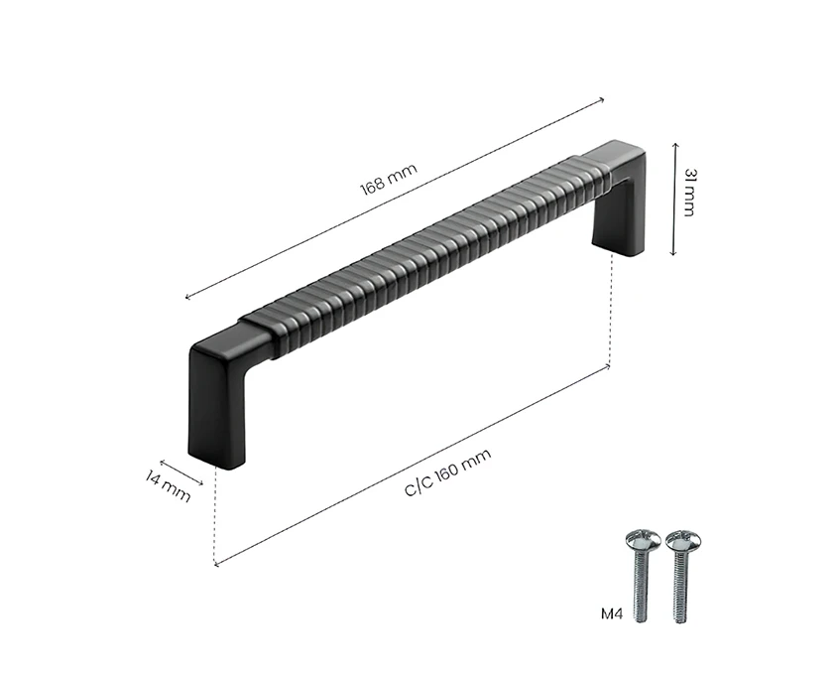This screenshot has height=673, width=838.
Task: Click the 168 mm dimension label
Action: point(389,180)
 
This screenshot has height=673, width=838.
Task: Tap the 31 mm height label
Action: point(689,193)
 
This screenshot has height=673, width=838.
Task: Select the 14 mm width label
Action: point(168,485)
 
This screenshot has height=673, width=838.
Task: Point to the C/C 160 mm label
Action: point(448,472)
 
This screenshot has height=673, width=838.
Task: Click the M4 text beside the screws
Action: point(612,613)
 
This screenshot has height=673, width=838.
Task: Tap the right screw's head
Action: point(683,542)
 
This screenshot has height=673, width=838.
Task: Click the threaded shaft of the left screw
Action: point(641,587)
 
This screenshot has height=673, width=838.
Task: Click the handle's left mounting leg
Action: point(216,407)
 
